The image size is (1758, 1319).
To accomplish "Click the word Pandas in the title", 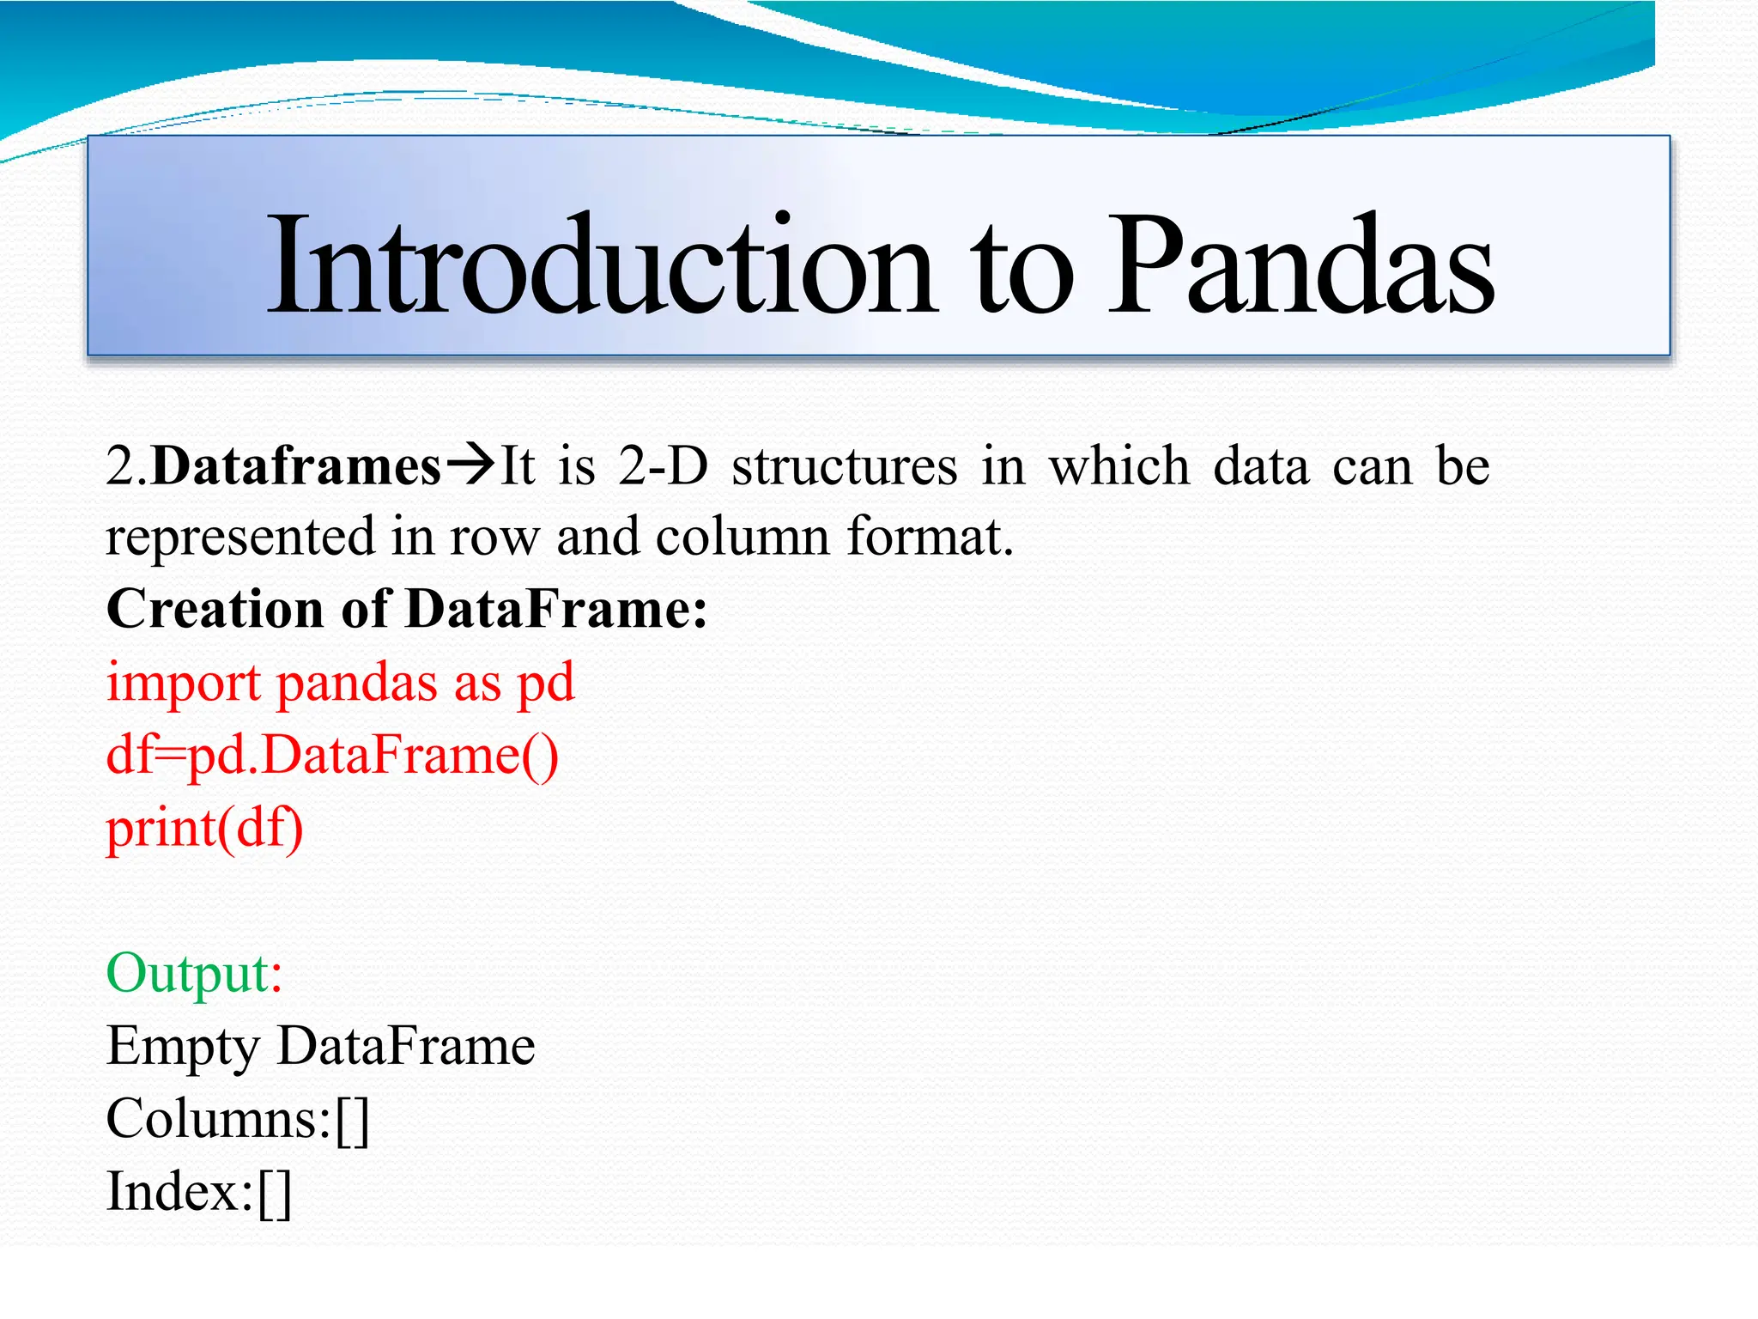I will pyautogui.click(x=1300, y=266).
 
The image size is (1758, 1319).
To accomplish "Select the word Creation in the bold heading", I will pyautogui.click(x=215, y=609).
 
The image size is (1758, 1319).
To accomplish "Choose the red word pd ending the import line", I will pyautogui.click(x=546, y=684).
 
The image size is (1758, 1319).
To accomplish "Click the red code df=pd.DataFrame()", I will pyautogui.click(x=332, y=757).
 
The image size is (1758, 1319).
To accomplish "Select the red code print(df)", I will pyautogui.click(x=204, y=830).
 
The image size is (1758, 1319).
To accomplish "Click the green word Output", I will pyautogui.click(x=188, y=974).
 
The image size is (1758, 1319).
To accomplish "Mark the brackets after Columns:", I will pyautogui.click(x=352, y=1121).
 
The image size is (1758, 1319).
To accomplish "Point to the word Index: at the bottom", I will pyautogui.click(x=179, y=1193).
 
